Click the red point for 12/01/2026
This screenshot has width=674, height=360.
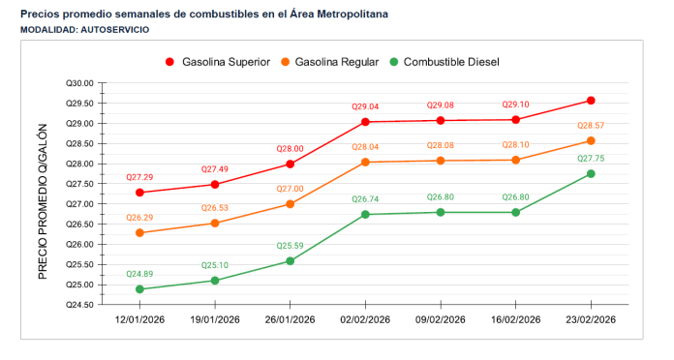pyautogui.click(x=140, y=193)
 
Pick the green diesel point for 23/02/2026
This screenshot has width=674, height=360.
pyautogui.click(x=591, y=174)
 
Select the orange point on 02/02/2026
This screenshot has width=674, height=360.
pyautogui.click(x=365, y=162)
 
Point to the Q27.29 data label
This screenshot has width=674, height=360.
pyautogui.click(x=140, y=178)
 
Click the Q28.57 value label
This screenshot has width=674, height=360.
pyautogui.click(x=591, y=126)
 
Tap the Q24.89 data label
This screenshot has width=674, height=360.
pyautogui.click(x=140, y=274)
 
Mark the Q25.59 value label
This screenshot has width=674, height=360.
pyautogui.click(x=291, y=246)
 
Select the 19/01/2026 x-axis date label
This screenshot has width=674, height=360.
pyautogui.click(x=215, y=319)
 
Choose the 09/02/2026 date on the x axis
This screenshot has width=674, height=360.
pyautogui.click(x=441, y=319)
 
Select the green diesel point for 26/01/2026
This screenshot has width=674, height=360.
pyautogui.click(x=291, y=261)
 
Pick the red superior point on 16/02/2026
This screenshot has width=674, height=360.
pyautogui.click(x=515, y=120)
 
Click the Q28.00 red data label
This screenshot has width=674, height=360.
pyautogui.click(x=291, y=149)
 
